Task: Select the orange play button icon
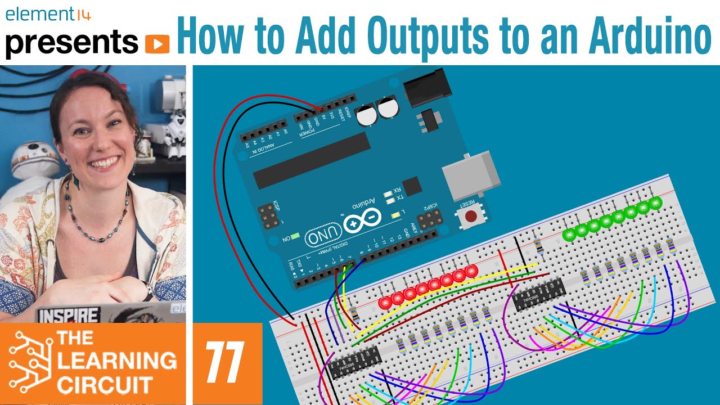157,44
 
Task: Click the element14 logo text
48,14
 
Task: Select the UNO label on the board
323,236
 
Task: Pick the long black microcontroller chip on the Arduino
312,160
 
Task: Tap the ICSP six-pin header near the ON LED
268,215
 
